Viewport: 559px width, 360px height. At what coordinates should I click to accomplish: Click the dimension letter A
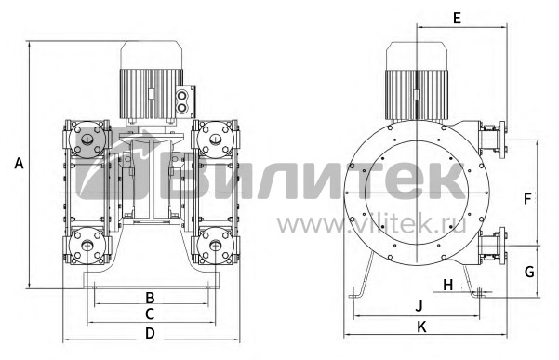pos(19,163)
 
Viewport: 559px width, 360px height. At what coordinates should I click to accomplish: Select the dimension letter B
pos(150,298)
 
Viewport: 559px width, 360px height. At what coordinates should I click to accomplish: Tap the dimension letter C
pos(150,314)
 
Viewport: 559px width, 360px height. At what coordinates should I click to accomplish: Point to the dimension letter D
pos(150,333)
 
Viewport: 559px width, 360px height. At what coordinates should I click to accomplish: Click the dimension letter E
pos(457,18)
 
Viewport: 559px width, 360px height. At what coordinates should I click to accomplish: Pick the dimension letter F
pos(527,198)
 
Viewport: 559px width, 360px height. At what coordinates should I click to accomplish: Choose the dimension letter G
pos(529,272)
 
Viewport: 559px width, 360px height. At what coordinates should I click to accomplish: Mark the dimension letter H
pos(447,286)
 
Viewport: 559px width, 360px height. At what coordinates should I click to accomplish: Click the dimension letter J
pos(419,306)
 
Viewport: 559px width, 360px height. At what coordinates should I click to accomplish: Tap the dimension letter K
pos(421,327)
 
